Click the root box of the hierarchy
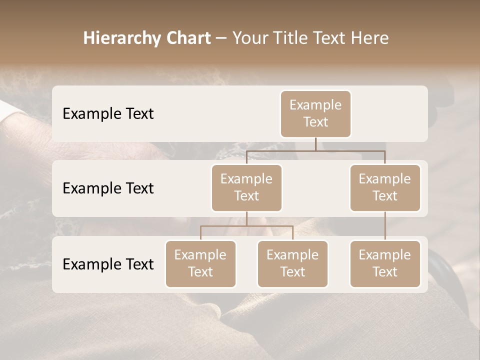click(315, 113)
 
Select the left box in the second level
click(246, 187)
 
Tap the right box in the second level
click(385, 187)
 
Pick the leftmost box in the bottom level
click(200, 263)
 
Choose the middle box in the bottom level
click(292, 263)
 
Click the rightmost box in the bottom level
click(385, 263)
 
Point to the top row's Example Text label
click(108, 113)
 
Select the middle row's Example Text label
click(108, 188)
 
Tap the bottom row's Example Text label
click(108, 264)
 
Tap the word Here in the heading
click(369, 38)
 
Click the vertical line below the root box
click(315, 144)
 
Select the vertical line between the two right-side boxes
click(385, 226)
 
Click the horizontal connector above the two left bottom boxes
click(246, 226)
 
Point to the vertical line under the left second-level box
click(246, 218)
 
